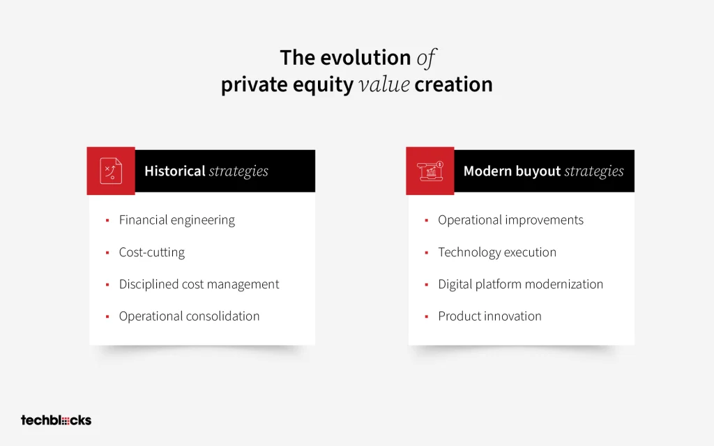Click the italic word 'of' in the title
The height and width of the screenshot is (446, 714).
426,59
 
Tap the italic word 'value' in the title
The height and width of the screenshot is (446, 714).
384,84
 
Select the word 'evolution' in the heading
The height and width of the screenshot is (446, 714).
365,58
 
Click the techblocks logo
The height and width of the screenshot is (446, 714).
56,420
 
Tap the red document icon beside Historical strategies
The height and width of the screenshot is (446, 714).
111,171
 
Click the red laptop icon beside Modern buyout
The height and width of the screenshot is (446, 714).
430,171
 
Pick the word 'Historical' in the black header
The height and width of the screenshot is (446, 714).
175,171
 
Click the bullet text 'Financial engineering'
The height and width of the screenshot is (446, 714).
176,220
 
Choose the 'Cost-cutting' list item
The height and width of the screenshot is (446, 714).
151,252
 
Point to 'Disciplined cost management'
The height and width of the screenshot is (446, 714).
199,284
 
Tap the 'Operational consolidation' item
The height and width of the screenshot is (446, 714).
189,316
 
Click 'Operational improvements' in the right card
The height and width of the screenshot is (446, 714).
510,220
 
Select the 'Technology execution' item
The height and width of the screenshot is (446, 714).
497,252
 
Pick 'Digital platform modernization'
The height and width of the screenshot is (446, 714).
520,284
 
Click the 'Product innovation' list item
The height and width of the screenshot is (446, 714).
489,316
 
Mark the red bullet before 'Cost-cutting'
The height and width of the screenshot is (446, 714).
107,252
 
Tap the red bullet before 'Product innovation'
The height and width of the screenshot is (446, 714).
427,317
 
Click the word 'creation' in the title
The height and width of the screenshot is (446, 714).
453,84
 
